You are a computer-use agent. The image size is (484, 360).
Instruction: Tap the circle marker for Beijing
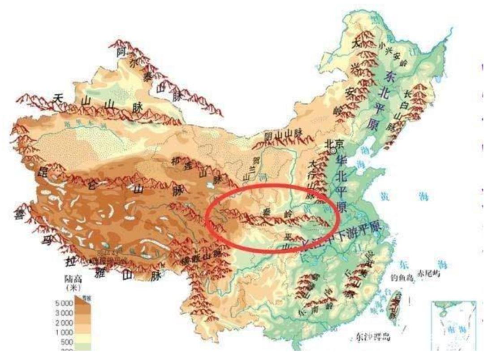point(333,151)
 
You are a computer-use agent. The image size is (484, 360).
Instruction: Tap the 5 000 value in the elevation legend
point(64,303)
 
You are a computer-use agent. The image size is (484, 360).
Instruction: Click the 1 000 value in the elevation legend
point(64,333)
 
